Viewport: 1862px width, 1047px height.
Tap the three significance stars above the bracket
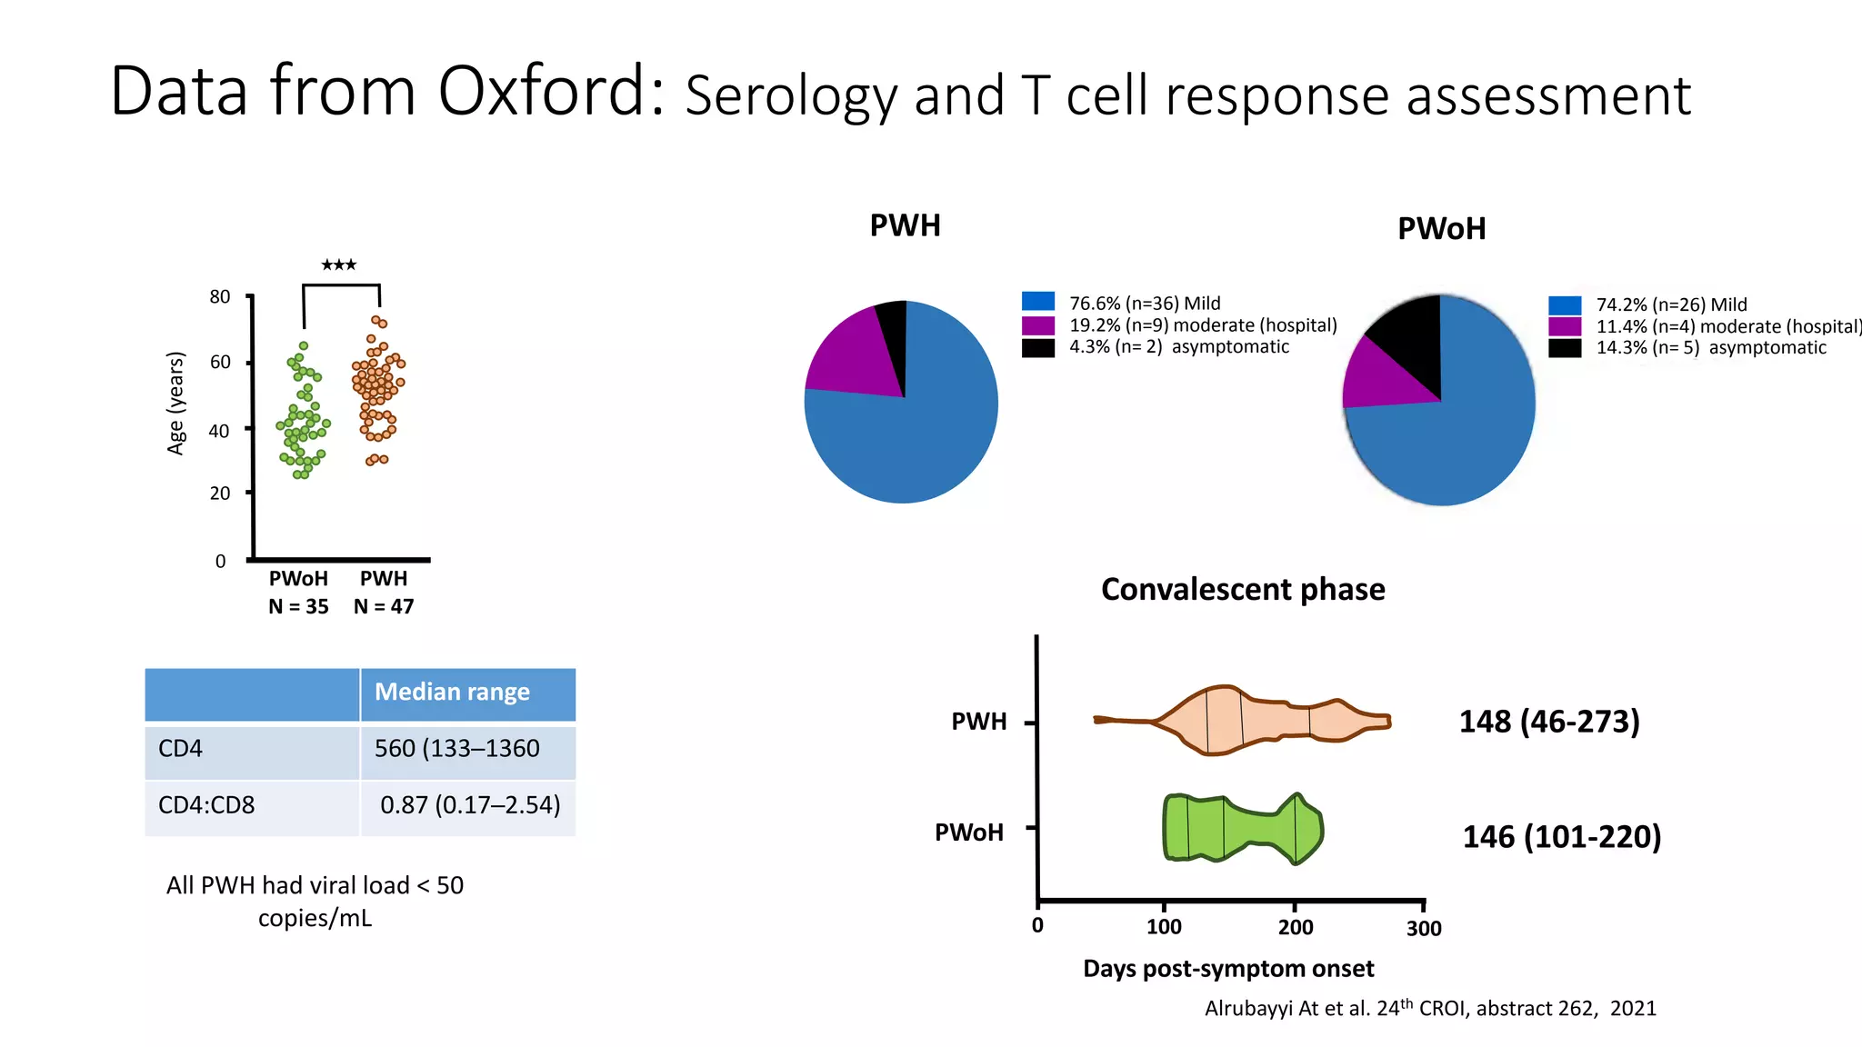coord(339,265)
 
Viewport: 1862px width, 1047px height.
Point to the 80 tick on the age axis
coord(220,297)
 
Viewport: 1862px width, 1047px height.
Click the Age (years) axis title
coord(176,403)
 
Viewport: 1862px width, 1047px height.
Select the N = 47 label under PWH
coord(384,607)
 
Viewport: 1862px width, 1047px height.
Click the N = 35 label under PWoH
coord(298,607)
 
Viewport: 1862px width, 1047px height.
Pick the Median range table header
coord(452,693)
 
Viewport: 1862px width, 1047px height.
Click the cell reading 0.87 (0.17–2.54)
coord(470,805)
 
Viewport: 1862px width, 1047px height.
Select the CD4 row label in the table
coord(181,749)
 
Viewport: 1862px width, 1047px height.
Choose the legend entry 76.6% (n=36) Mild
coord(1145,304)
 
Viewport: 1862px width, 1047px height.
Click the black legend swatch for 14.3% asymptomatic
coord(1565,348)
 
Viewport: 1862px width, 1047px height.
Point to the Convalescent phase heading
coord(1243,590)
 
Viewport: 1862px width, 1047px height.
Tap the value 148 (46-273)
coord(1549,722)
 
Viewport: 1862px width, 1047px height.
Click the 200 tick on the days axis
coord(1296,928)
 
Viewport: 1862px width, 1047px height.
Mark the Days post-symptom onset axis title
coord(1228,969)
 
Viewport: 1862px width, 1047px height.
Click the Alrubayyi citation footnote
coord(1430,1009)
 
